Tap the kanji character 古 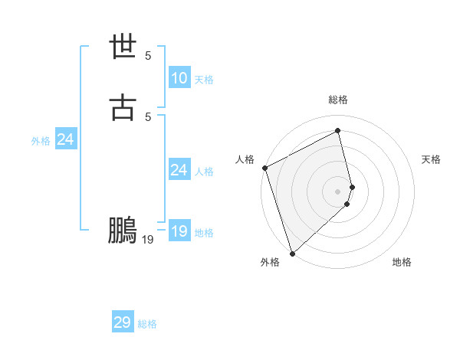click(123, 108)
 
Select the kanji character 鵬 click(123, 231)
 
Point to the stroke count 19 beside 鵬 click(148, 240)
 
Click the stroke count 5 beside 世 click(148, 56)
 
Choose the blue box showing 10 click(179, 78)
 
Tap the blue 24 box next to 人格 click(179, 170)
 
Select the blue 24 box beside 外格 click(65, 139)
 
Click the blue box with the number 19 click(179, 231)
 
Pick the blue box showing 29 click(123, 322)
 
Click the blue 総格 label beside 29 click(148, 324)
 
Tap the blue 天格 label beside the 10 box click(204, 80)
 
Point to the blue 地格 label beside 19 click(204, 233)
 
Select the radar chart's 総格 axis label click(338, 100)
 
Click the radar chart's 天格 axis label click(432, 159)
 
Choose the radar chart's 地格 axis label click(402, 262)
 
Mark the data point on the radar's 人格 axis click(264, 168)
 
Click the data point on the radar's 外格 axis click(292, 253)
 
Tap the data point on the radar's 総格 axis click(338, 131)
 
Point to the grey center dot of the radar click(338, 191)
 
